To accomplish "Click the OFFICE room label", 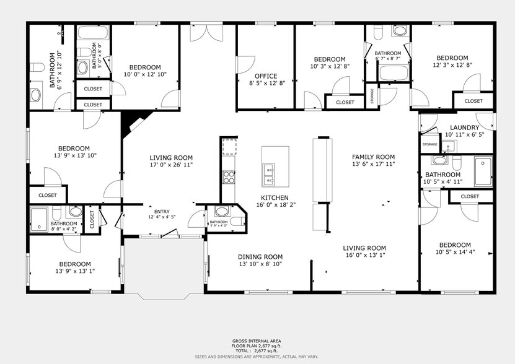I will pyautogui.click(x=249, y=77).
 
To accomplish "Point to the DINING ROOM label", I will pyautogui.click(x=260, y=257).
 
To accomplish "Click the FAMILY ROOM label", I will pyautogui.click(x=373, y=157).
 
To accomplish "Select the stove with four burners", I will pyautogui.click(x=228, y=177).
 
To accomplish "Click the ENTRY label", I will pyautogui.click(x=153, y=210).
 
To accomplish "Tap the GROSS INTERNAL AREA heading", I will pyautogui.click(x=257, y=341).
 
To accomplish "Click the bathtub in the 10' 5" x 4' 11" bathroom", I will pyautogui.click(x=483, y=171).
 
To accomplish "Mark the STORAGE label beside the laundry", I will pyautogui.click(x=429, y=144).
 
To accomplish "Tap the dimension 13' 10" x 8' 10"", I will pyautogui.click(x=260, y=264).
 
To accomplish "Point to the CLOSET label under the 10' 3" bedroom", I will pyautogui.click(x=345, y=102).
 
